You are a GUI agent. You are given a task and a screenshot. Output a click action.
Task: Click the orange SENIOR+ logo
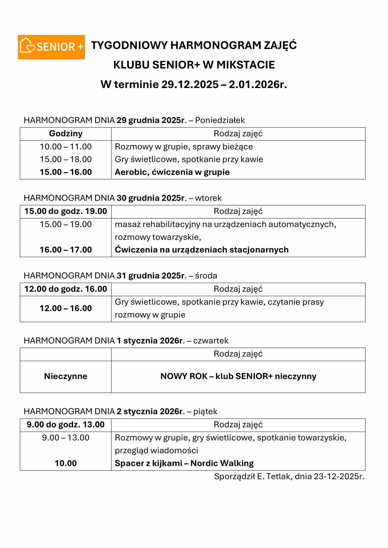click(51, 47)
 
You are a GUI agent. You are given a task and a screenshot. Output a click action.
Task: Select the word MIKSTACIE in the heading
click(245, 65)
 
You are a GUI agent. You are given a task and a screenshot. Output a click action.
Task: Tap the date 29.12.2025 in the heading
click(190, 85)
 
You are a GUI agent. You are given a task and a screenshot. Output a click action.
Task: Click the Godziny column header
click(66, 134)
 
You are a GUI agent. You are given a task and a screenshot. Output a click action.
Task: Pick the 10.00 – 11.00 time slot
click(66, 147)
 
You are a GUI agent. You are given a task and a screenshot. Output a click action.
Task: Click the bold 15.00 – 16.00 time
click(66, 172)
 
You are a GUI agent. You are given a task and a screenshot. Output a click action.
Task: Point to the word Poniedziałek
click(220, 120)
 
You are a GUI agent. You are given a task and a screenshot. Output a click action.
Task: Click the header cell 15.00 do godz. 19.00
click(66, 211)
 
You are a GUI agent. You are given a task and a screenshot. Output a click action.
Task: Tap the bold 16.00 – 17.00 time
click(66, 250)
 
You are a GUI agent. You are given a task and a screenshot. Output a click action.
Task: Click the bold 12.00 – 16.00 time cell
click(66, 308)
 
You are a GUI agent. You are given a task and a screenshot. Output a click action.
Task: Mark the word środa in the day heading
click(206, 276)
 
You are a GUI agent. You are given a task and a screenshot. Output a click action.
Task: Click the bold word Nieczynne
click(66, 376)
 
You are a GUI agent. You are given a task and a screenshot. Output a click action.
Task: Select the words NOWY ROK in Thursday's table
click(184, 376)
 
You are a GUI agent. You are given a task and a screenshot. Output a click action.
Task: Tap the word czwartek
click(211, 341)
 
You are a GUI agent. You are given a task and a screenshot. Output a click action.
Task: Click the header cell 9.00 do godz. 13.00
click(66, 425)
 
